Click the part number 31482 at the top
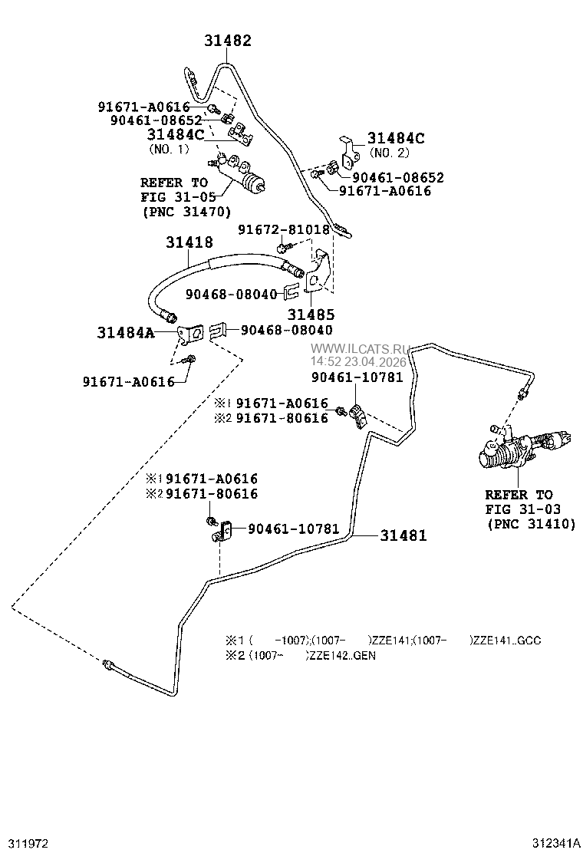(x=228, y=41)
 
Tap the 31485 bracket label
(x=311, y=314)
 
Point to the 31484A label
(x=126, y=332)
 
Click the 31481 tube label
(x=403, y=535)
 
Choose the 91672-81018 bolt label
(x=283, y=229)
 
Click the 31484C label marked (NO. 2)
(x=395, y=138)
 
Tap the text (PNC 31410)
(x=531, y=524)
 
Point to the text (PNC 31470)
(x=186, y=211)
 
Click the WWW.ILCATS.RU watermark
(x=360, y=349)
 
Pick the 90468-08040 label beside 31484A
(x=287, y=330)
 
